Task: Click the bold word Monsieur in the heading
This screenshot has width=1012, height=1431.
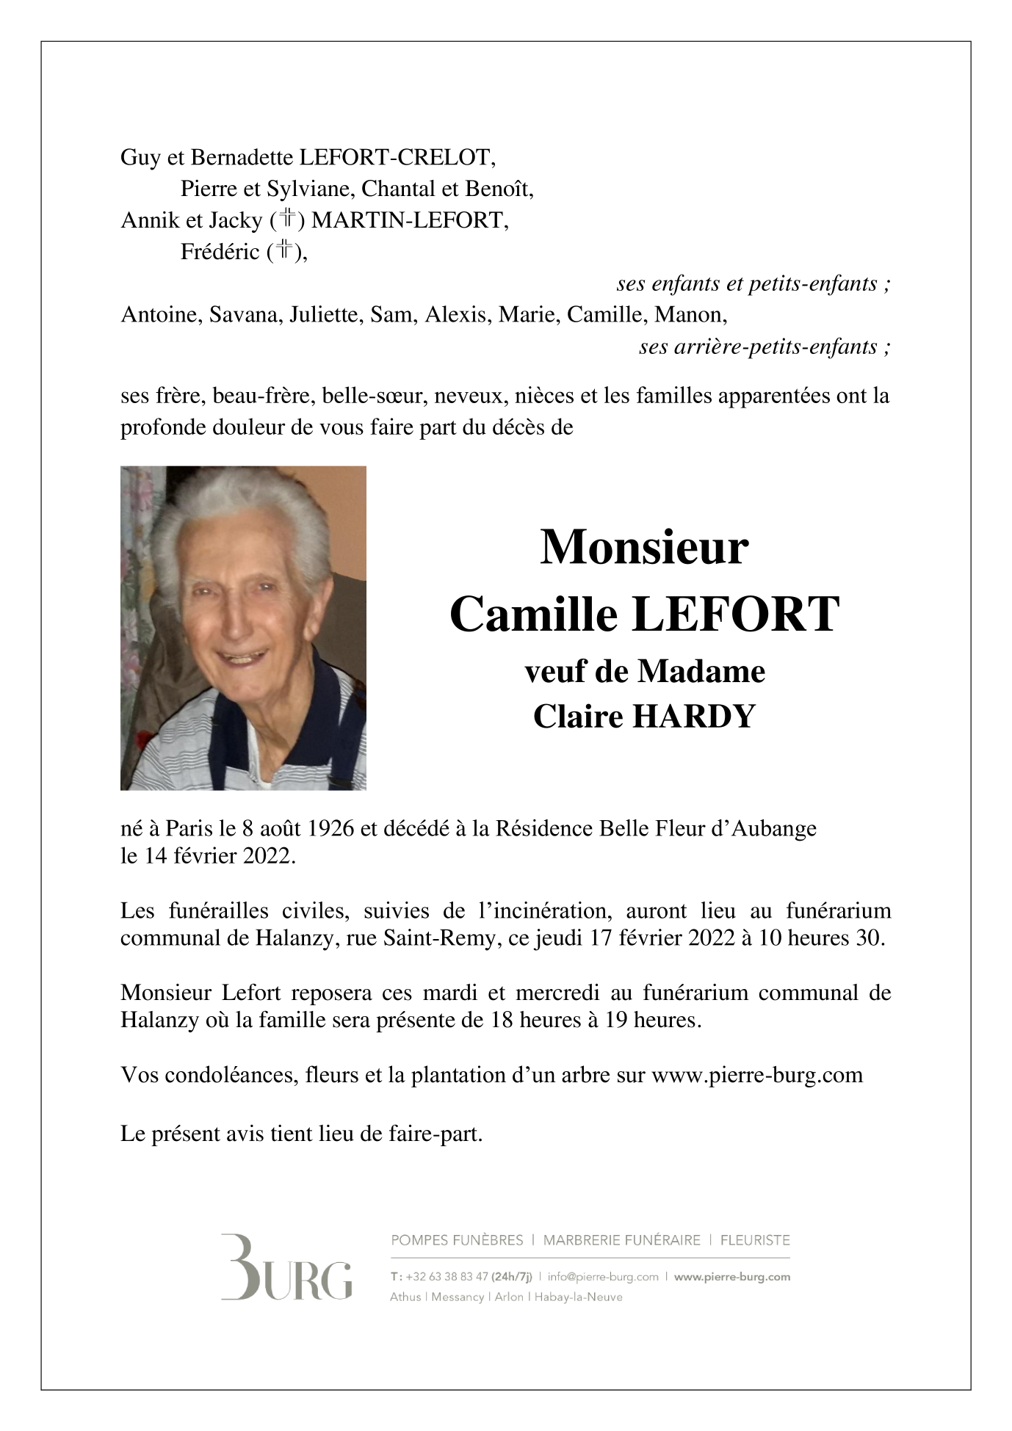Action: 644,547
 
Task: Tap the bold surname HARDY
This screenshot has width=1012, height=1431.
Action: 693,716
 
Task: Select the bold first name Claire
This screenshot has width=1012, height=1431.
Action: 578,716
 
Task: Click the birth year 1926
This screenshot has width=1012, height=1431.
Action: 330,828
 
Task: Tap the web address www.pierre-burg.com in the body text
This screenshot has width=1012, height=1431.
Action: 756,1075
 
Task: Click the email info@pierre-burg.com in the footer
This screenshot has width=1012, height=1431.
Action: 603,1276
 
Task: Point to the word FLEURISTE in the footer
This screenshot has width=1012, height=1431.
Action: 755,1240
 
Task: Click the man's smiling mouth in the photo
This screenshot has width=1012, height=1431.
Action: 240,655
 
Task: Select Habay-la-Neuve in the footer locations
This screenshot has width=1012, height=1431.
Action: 578,1297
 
